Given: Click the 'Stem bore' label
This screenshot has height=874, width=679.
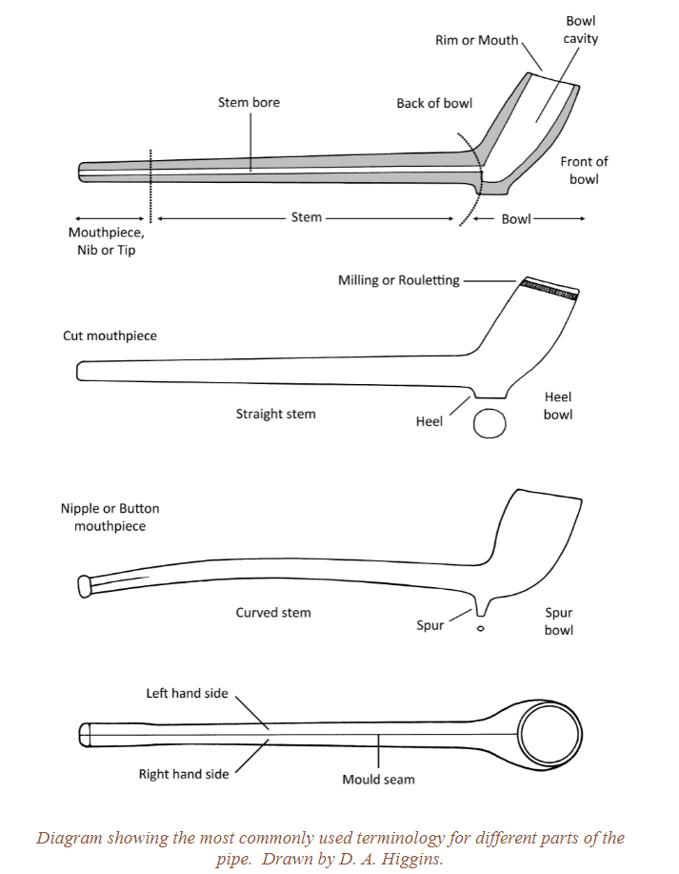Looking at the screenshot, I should [x=249, y=102].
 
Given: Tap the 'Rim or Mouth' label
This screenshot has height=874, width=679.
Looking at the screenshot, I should [x=476, y=40].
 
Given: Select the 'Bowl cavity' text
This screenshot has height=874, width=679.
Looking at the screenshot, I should [x=581, y=30].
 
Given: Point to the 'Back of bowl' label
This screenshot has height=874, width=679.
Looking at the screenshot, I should [x=434, y=103].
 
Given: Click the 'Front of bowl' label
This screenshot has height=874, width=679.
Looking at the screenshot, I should [x=584, y=171].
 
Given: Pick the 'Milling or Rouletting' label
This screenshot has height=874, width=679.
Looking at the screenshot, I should [x=399, y=280].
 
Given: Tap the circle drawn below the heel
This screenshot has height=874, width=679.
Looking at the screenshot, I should [x=489, y=423].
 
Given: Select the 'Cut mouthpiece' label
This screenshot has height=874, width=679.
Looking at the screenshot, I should [x=110, y=335].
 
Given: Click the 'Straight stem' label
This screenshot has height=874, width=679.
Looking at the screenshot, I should [x=275, y=414].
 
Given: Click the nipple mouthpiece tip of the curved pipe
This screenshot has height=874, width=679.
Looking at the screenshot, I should [x=84, y=583].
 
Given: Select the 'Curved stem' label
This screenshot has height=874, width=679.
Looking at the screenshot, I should [x=273, y=612].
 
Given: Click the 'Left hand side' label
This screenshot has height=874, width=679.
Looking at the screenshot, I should [x=187, y=693].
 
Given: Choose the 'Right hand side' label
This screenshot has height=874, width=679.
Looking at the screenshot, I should [x=184, y=774].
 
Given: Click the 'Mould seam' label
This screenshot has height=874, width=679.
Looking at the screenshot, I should [x=378, y=779].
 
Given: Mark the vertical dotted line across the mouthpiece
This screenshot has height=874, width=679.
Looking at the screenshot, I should [x=150, y=181].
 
